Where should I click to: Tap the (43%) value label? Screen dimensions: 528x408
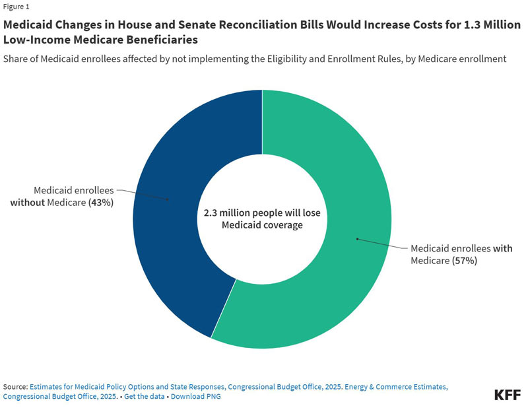tap(101, 203)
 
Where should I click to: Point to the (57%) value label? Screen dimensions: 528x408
tap(465, 260)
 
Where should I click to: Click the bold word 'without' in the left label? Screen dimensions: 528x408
tap(27, 203)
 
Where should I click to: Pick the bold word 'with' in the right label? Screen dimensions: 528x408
tap(503, 248)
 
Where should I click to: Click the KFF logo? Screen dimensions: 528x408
tap(507, 395)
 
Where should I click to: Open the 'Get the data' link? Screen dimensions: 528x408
tap(144, 396)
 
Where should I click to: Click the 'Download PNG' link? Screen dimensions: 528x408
tap(195, 396)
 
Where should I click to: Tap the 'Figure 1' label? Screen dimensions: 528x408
tap(16, 7)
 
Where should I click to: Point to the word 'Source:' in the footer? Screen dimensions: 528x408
tap(15, 386)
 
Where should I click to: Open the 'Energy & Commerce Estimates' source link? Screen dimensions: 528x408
tap(396, 386)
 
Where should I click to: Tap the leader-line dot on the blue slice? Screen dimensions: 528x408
tap(168, 199)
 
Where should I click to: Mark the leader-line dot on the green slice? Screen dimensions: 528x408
tap(357, 239)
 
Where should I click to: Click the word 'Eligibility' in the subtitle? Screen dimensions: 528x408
tap(284, 59)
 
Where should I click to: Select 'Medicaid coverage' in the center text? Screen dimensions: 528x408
tap(262, 224)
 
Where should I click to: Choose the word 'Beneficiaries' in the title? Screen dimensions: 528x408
tap(164, 40)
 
